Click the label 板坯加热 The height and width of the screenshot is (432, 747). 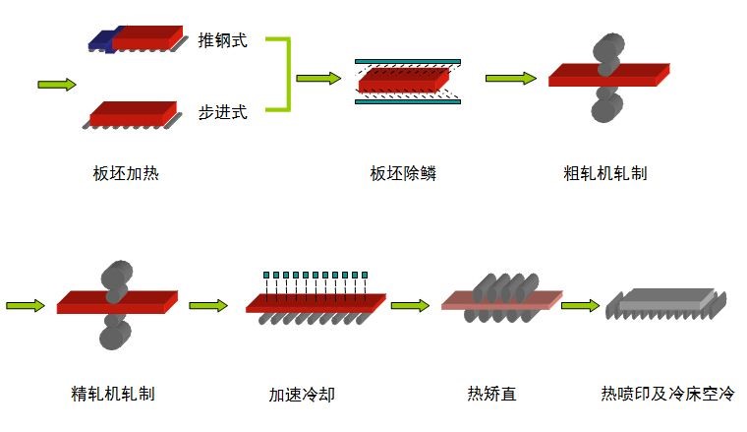click(x=126, y=174)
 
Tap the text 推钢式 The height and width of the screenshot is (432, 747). click(x=222, y=40)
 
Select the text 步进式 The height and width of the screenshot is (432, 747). click(x=222, y=112)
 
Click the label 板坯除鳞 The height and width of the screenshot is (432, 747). click(x=403, y=174)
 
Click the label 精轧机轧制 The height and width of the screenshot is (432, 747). click(x=113, y=394)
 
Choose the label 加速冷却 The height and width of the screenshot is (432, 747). click(x=302, y=394)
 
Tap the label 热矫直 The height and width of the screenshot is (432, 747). click(x=491, y=394)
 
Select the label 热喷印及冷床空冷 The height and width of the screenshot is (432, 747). click(x=667, y=394)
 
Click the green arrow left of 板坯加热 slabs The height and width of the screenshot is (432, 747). click(x=57, y=84)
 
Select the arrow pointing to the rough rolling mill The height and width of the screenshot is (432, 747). click(x=510, y=78)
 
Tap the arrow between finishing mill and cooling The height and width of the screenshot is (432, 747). click(x=208, y=306)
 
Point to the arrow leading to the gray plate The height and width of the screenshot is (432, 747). click(x=580, y=306)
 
